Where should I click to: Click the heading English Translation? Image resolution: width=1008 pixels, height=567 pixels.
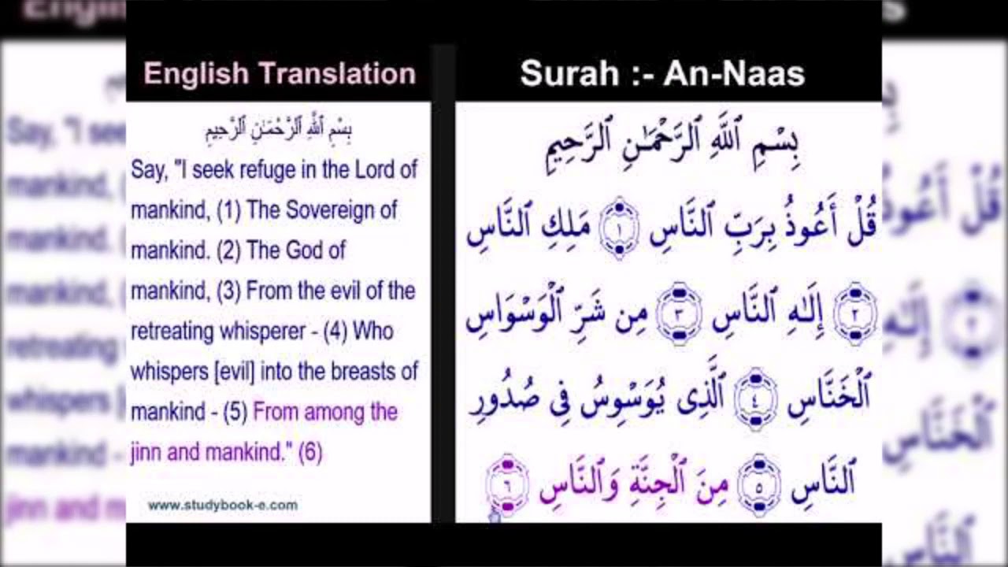(x=279, y=74)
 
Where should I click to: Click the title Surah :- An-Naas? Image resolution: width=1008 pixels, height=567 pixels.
(x=662, y=74)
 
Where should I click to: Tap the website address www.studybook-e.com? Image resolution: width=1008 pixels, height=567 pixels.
(x=223, y=506)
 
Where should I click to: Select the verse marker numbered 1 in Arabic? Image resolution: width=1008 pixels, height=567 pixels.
(x=619, y=228)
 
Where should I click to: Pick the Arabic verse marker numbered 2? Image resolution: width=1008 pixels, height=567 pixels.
(x=855, y=313)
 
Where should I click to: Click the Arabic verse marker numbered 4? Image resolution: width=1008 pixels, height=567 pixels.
(x=755, y=398)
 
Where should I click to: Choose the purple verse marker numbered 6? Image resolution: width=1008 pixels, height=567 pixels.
(x=506, y=484)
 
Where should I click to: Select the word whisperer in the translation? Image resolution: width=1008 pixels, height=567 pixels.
(x=264, y=332)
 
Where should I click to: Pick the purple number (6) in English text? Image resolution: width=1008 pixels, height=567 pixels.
(x=310, y=453)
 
